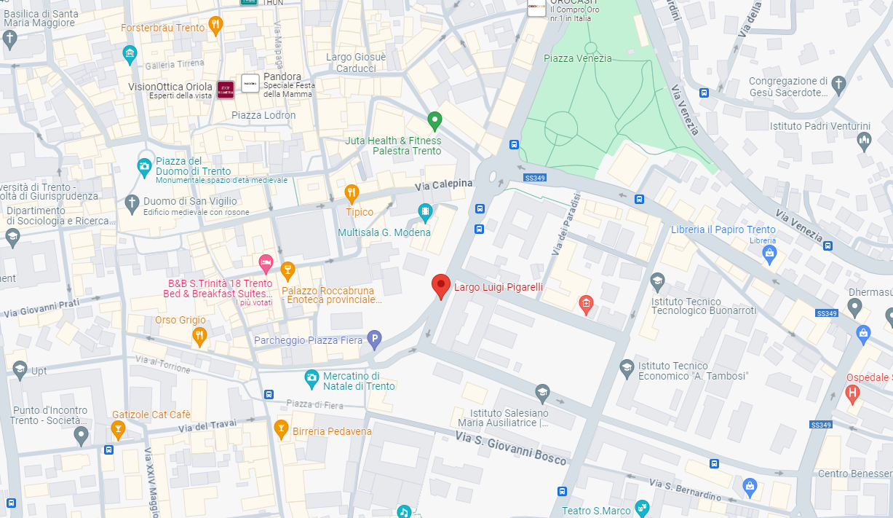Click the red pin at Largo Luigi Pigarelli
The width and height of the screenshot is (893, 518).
(x=440, y=286)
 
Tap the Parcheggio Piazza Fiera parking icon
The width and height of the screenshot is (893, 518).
(x=374, y=338)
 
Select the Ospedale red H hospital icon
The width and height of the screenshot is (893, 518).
(x=852, y=394)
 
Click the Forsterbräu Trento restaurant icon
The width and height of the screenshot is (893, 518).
(x=215, y=26)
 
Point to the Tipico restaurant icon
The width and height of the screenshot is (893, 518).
(x=352, y=194)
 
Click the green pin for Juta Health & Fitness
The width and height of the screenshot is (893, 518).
(x=434, y=120)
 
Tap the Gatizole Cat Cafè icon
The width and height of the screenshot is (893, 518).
(x=117, y=431)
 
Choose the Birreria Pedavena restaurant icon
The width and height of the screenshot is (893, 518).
(x=281, y=429)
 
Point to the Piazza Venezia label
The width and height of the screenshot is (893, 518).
(x=577, y=58)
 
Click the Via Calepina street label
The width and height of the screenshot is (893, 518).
(x=444, y=185)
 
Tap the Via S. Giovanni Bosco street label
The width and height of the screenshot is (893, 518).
(x=511, y=447)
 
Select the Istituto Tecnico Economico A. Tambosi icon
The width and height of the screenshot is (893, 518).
(x=627, y=367)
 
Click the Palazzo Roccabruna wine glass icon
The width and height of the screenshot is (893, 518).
(x=287, y=270)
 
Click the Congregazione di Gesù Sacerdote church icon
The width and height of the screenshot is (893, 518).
(x=838, y=84)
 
